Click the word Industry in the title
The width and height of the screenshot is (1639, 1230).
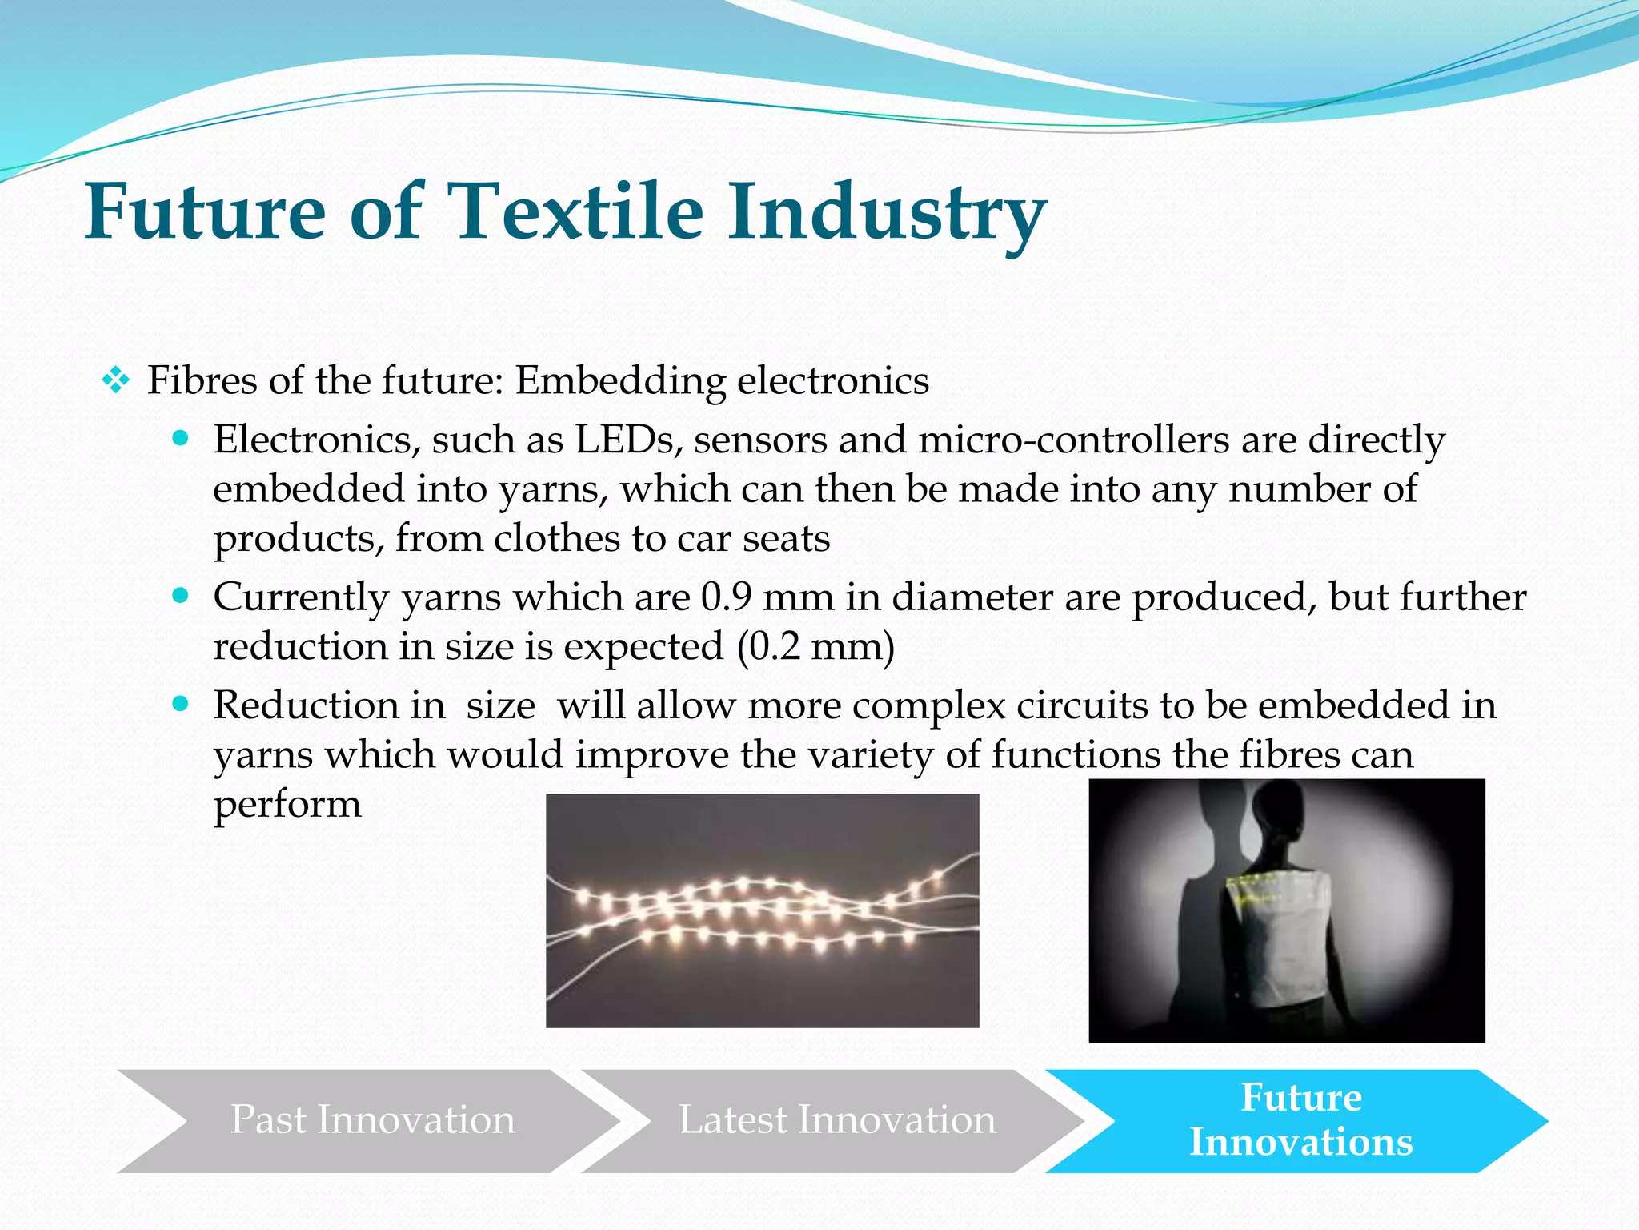pos(886,211)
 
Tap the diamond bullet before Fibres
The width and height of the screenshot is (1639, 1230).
pos(116,380)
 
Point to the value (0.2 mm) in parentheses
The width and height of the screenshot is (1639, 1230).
pos(815,647)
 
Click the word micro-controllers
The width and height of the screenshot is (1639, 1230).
pos(1073,440)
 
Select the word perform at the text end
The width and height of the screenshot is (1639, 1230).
pos(287,805)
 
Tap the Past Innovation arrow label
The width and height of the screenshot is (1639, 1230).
pos(373,1120)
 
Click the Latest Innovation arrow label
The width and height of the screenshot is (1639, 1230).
pos(837,1120)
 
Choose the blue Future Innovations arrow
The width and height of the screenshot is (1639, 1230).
pos(1300,1120)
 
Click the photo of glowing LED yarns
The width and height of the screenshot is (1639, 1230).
pos(762,910)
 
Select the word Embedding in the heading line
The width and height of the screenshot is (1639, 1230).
pos(619,380)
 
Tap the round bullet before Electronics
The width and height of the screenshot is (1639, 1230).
pos(181,439)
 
